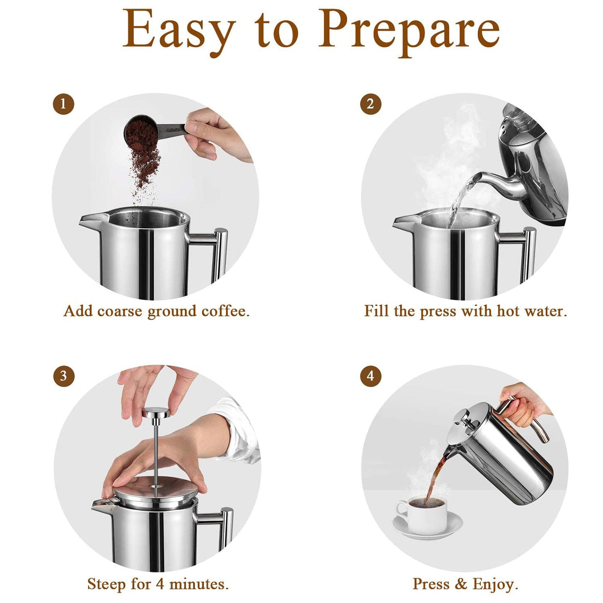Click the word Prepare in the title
click(x=409, y=33)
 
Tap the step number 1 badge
click(x=64, y=104)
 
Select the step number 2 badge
click(x=370, y=104)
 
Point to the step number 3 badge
click(x=64, y=376)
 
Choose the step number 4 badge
click(x=370, y=376)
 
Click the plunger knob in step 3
click(x=156, y=412)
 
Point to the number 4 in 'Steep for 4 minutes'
click(x=160, y=584)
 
